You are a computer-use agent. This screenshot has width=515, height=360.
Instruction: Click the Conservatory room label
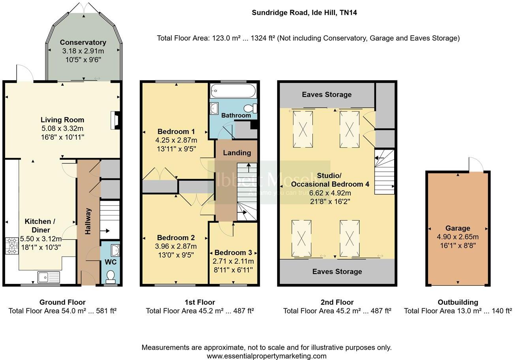pos(83,42)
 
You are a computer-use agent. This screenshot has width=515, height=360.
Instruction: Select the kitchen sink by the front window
pos(49,277)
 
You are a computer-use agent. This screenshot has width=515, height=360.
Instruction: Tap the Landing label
pos(237,153)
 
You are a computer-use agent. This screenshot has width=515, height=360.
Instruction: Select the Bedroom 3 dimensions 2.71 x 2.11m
pos(233,261)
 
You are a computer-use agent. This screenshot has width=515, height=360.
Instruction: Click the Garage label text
pos(457,228)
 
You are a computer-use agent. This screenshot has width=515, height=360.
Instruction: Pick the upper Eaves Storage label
pos(327,94)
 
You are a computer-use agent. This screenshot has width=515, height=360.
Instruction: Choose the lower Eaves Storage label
pos(337,272)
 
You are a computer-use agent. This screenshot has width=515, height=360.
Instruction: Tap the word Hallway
pos(88,221)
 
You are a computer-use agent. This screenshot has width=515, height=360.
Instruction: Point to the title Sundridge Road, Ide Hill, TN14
pos(304,13)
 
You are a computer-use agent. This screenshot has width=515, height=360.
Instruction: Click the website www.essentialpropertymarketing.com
pos(267,356)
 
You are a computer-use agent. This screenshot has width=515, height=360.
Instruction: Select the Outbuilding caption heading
pos(458,302)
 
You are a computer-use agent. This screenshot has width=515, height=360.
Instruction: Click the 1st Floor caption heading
pos(200,302)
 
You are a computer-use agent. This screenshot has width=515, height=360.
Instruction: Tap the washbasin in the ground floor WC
pos(114,250)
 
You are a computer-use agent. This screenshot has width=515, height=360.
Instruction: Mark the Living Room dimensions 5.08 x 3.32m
pos(62,129)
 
